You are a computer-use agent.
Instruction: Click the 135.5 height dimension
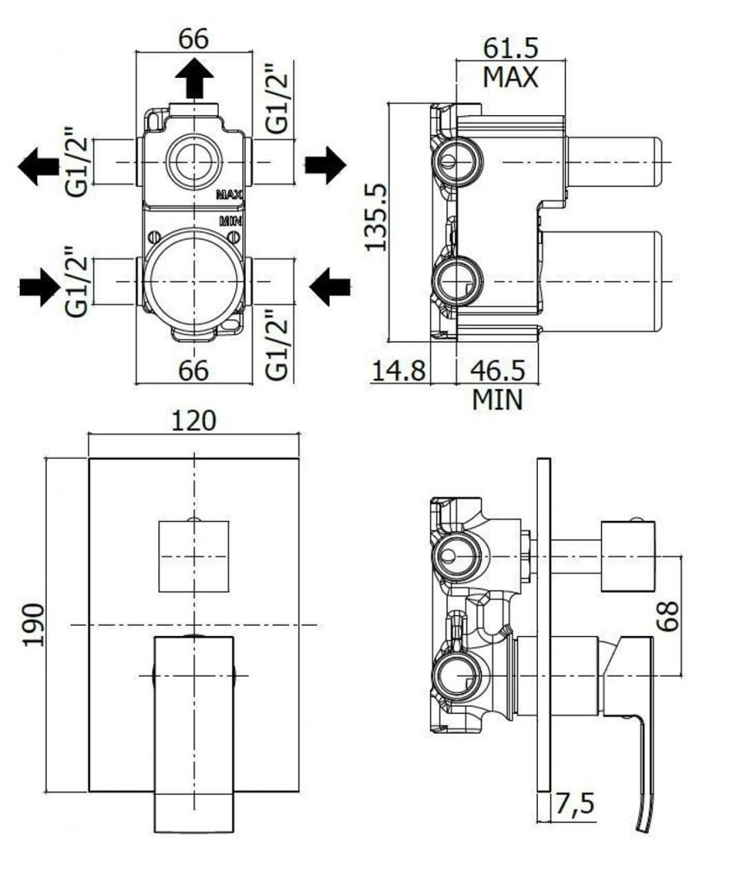click(x=375, y=217)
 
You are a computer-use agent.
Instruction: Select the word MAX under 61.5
click(x=510, y=77)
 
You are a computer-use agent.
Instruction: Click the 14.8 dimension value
click(x=399, y=370)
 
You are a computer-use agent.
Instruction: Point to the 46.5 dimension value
click(x=497, y=370)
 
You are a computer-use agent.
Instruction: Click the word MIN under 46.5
click(x=497, y=400)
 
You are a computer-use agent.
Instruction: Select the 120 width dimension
click(x=193, y=421)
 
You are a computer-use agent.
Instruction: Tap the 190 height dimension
click(x=34, y=624)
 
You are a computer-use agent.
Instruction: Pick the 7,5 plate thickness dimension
click(x=574, y=804)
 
